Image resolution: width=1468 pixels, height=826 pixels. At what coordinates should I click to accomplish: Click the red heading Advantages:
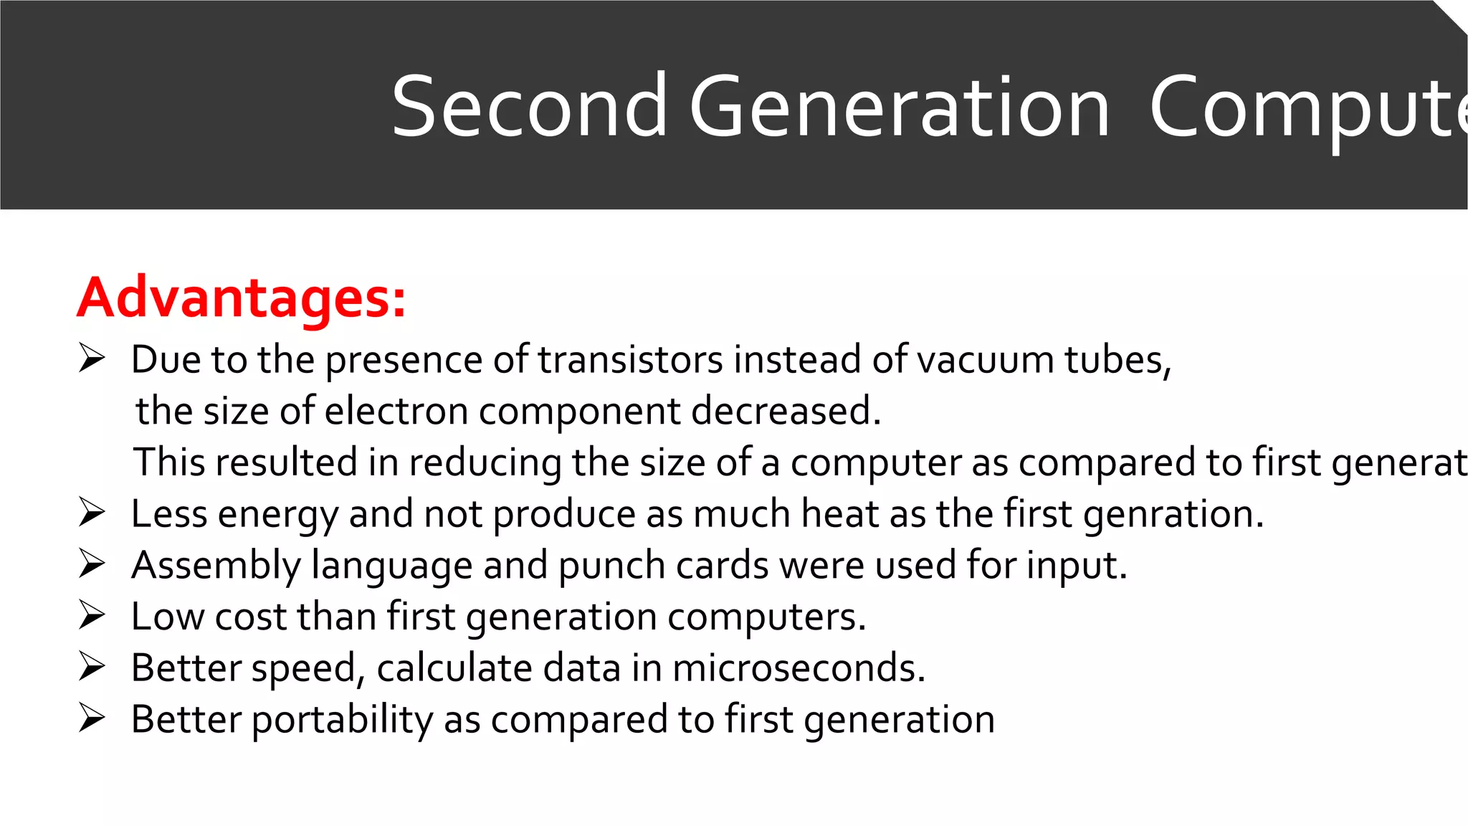(242, 298)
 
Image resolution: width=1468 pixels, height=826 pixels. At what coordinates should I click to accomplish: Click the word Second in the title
(529, 108)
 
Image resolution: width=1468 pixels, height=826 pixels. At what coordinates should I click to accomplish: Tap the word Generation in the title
(900, 108)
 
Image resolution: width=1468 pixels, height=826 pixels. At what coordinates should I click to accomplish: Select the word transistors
(630, 359)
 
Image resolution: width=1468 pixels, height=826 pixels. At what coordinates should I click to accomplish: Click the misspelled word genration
(1173, 514)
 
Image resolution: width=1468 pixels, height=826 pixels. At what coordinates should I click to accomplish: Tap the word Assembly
(216, 566)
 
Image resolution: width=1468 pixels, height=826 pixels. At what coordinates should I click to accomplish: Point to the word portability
(342, 720)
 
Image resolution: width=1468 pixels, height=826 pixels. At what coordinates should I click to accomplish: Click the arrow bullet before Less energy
(92, 513)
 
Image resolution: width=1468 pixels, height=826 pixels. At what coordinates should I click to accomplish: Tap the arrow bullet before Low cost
(92, 615)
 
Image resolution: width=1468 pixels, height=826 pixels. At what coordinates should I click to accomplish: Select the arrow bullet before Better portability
(92, 718)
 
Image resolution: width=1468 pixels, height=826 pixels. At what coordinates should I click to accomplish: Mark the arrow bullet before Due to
(92, 358)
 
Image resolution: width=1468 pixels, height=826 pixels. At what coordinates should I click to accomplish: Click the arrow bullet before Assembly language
(92, 564)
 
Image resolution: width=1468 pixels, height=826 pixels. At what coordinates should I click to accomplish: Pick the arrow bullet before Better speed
(92, 667)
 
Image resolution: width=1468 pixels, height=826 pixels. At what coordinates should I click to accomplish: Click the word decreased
(786, 411)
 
